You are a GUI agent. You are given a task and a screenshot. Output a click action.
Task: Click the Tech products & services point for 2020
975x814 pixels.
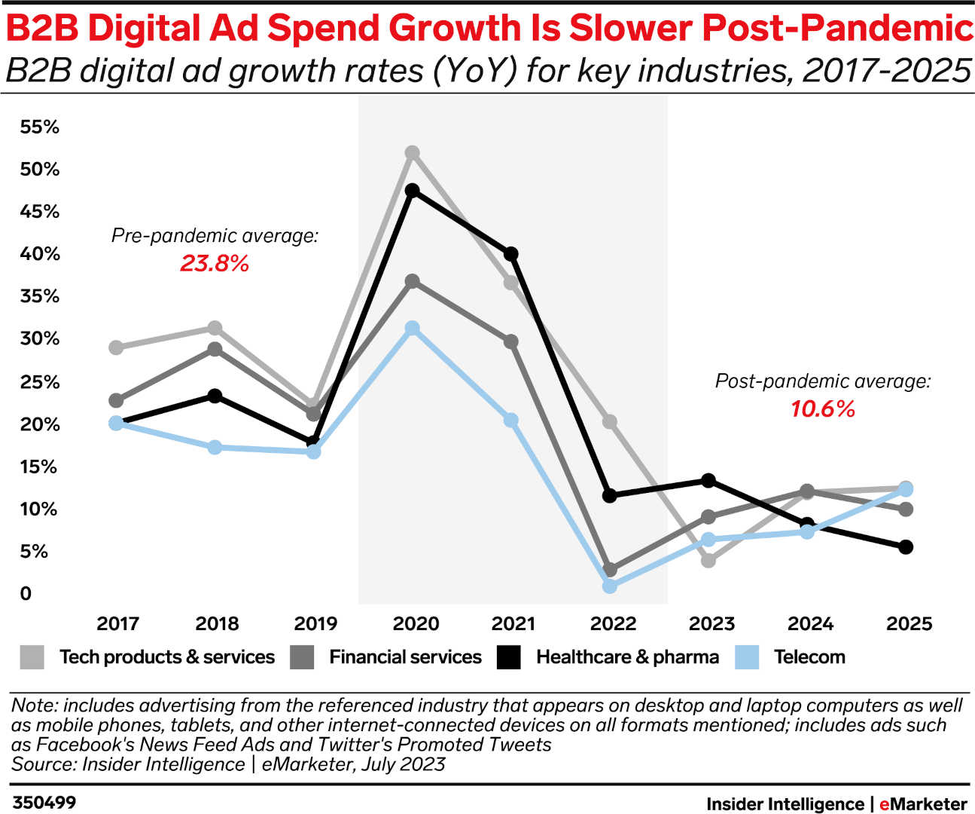412,153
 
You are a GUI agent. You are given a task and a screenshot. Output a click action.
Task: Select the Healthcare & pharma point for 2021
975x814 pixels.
510,254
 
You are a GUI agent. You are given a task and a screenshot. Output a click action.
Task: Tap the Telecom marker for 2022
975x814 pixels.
610,586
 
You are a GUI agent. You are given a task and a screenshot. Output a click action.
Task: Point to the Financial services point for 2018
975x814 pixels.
215,349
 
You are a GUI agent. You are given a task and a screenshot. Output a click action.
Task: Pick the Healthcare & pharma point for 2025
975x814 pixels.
906,546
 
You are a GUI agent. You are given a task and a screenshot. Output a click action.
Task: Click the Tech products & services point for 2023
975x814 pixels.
708,560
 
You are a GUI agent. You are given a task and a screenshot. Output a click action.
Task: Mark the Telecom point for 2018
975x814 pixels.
215,447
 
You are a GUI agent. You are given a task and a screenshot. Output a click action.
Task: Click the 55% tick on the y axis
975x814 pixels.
39,127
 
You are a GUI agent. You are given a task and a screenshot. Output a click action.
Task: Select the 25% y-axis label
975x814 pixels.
39,382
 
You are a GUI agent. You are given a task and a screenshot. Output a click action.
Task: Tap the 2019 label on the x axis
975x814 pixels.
315,623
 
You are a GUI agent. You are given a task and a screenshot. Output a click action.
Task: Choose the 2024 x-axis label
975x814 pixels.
810,623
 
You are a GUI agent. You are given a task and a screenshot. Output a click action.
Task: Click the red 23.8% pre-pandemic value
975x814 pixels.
214,263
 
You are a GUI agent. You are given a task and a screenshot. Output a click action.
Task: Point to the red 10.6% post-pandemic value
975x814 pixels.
822,409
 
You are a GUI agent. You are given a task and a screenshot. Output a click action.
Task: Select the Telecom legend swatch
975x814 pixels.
746,657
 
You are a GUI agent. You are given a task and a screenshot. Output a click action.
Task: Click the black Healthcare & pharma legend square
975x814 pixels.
509,657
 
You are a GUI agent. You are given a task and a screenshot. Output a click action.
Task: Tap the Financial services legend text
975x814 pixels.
404,657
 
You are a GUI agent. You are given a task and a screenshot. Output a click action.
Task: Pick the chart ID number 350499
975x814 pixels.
44,802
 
